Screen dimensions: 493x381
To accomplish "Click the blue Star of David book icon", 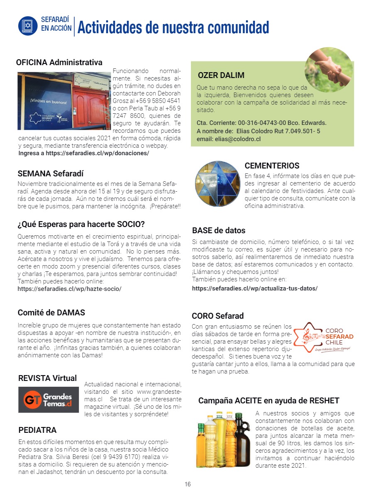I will (x=28, y=26).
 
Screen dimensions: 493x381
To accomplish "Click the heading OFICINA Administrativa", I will (x=59, y=63).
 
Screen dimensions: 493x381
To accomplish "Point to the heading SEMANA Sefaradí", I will (x=51, y=173).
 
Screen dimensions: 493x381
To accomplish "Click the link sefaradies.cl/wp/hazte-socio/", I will (x=69, y=288).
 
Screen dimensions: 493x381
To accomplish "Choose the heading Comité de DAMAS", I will (x=51, y=313).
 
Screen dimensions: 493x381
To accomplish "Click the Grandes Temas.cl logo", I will (x=49, y=400).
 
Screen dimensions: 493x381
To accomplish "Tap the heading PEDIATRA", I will (x=37, y=430).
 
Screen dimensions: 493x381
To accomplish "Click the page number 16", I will (x=188, y=484).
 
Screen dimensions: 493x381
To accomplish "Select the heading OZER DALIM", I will (x=221, y=76).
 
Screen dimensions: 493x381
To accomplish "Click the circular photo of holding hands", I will (x=329, y=70).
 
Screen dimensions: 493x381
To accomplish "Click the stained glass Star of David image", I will (x=217, y=183).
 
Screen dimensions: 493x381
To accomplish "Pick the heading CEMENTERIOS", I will (x=272, y=166).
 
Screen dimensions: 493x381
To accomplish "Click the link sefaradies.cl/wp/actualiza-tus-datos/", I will (x=254, y=288).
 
